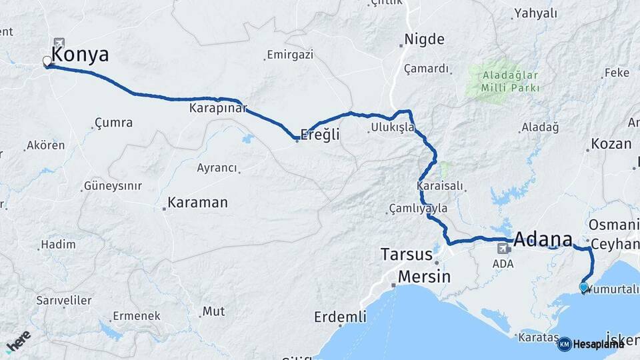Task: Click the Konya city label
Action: pos(80,55)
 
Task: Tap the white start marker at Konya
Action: pos(47,62)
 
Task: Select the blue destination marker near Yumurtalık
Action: pos(584,287)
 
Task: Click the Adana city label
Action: pos(543,239)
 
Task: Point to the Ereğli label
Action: pos(320,135)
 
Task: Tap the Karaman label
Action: pos(197,202)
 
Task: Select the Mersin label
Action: pos(424,277)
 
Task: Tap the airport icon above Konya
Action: pos(59,42)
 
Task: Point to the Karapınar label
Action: pos(218,108)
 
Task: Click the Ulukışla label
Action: pos(393,127)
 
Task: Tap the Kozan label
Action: pos(611,144)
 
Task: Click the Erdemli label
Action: pos(340,317)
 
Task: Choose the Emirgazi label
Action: pos(289,55)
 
